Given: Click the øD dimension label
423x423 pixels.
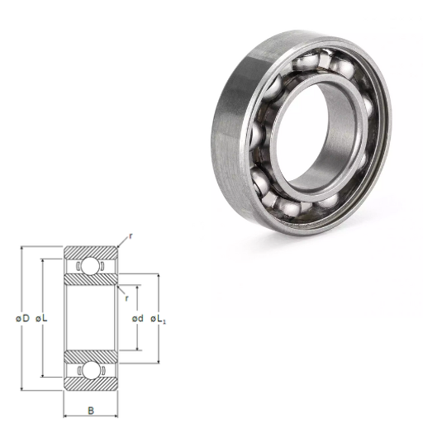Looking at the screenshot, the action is point(22,319).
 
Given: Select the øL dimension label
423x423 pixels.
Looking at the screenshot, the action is point(41,319).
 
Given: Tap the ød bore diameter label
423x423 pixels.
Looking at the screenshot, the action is point(138,319).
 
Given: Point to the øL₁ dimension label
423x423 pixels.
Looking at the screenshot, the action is point(158,319).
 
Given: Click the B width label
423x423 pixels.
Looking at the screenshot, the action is point(91,411).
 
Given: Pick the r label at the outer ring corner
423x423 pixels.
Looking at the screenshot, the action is point(131,236).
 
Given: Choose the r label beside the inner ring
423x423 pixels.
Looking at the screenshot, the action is point(126,298).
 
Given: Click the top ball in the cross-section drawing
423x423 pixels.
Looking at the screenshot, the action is point(91,266).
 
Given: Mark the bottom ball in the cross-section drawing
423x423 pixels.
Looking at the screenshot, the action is point(91,370).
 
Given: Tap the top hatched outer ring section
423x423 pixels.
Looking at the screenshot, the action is point(91,253).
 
